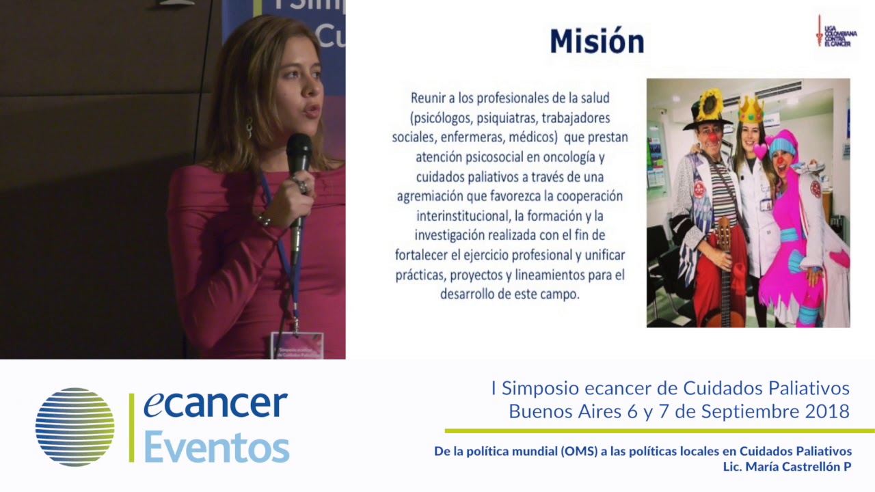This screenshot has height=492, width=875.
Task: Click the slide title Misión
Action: (x=597, y=41)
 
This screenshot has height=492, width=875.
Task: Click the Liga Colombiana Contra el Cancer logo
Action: (x=835, y=31)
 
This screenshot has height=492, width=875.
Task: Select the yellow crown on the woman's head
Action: (x=751, y=110)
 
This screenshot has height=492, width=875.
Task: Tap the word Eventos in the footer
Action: (x=216, y=448)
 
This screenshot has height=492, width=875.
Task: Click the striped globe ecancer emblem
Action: (x=75, y=427)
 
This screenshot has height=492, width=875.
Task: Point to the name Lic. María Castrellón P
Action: (x=787, y=467)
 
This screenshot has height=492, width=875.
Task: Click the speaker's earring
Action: (x=249, y=128)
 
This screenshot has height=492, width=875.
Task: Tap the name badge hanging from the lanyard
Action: (x=297, y=345)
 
